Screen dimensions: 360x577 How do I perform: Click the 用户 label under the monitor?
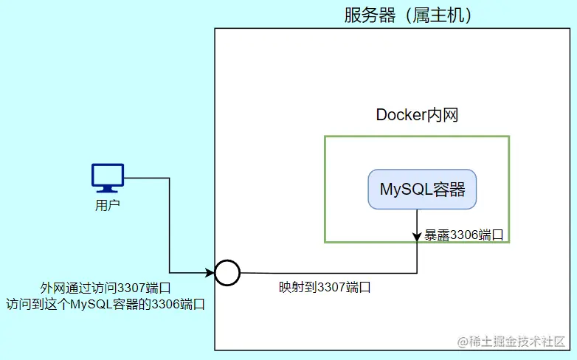108,205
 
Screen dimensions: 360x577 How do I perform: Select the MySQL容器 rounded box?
422,190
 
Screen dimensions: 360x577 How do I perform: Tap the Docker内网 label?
418,115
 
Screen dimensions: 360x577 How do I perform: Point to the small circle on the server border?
227,273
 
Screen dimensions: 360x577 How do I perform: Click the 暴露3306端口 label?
464,236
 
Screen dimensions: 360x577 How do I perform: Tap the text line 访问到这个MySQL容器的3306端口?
105,303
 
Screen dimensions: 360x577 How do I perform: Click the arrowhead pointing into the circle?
210,273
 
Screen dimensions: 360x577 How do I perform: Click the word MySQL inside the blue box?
404,190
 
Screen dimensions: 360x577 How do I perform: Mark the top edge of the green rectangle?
417,136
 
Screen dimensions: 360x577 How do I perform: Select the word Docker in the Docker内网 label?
400,115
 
